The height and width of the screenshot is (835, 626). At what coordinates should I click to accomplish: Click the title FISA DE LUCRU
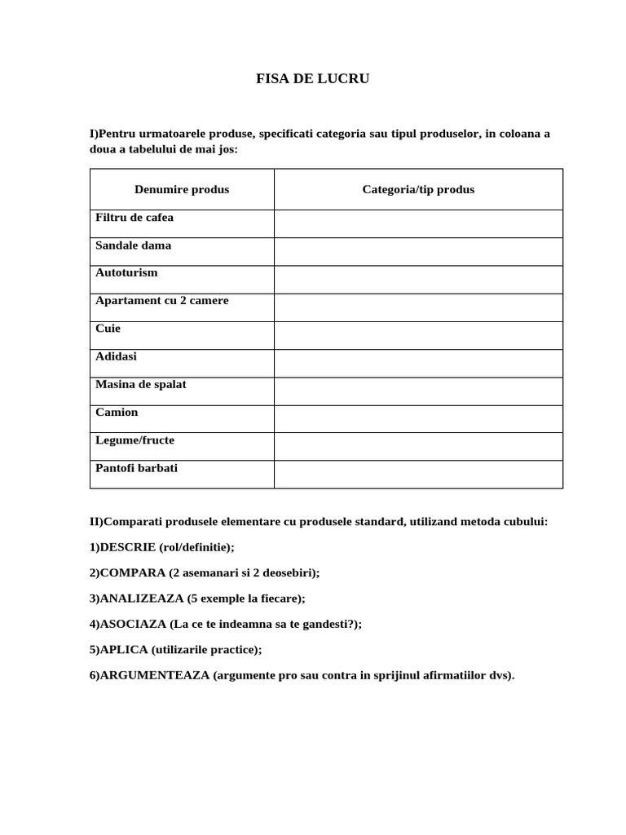click(x=313, y=79)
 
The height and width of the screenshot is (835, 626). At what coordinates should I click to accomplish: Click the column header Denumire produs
click(x=182, y=189)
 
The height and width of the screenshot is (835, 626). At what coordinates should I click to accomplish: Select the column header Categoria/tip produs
click(x=418, y=189)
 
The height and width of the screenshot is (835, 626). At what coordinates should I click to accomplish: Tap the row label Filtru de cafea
click(x=134, y=218)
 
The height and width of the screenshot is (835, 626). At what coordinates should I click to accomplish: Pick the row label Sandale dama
click(x=133, y=245)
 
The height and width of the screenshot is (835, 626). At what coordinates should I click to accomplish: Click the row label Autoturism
click(x=126, y=272)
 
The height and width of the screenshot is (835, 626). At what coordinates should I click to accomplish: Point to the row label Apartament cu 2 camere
click(x=161, y=300)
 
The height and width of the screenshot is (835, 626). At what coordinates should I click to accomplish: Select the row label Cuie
click(x=108, y=328)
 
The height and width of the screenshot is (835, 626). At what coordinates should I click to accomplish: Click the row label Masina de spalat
click(x=140, y=384)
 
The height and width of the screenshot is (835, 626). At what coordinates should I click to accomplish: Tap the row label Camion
click(x=117, y=412)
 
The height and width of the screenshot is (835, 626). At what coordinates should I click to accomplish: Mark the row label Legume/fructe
click(x=134, y=440)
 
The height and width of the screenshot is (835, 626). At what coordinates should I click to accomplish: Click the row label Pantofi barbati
click(x=136, y=468)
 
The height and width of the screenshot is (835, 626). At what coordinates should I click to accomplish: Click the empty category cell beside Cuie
click(x=418, y=335)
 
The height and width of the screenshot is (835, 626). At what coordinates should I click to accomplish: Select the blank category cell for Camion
click(x=418, y=419)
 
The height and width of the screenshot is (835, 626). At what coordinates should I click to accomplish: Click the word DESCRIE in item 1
click(x=127, y=547)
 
